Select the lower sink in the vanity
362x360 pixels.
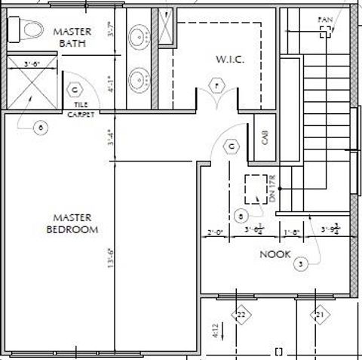coord(139,75)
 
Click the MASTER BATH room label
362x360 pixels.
coord(74,37)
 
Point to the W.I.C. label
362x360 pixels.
coord(227,58)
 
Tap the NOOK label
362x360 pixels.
coord(275,254)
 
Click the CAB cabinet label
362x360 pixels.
coord(265,137)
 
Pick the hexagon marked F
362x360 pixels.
coord(219,88)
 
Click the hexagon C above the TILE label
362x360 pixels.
coord(74,90)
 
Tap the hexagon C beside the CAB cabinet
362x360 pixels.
coord(232,146)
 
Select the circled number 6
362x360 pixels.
coord(41,127)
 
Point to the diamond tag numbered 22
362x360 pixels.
coord(241,314)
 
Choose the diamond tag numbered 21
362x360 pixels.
coord(320,314)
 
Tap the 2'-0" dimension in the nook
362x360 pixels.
coord(216,232)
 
